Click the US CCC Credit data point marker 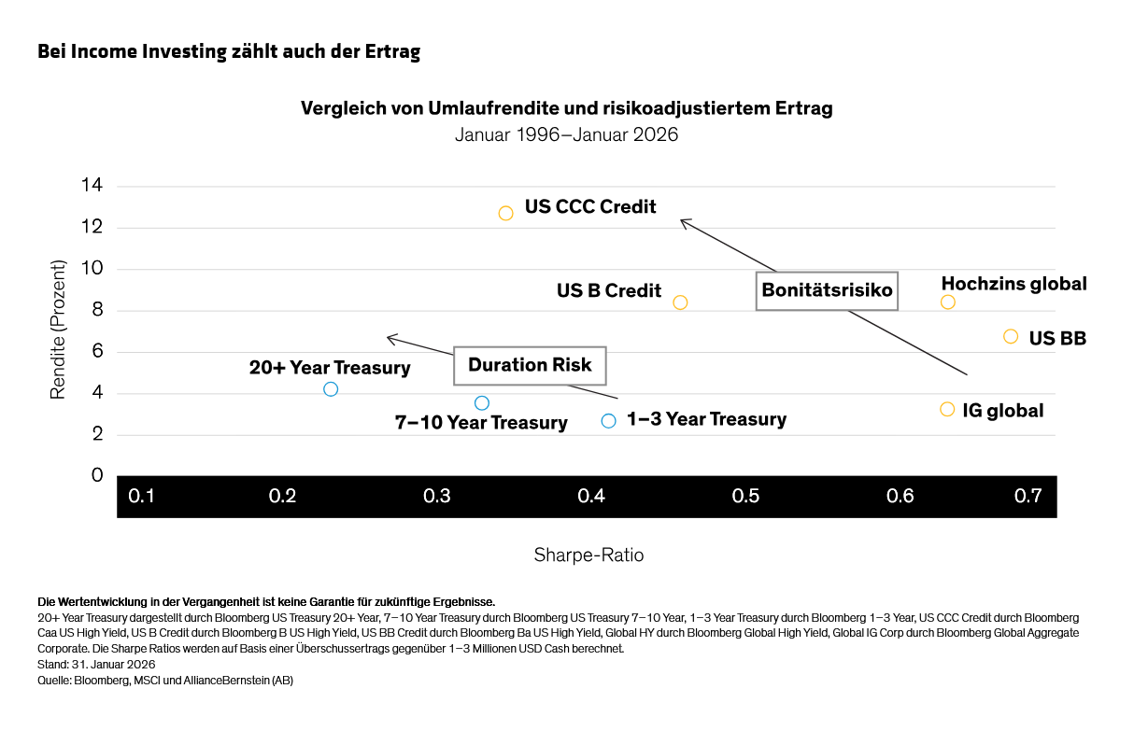505,213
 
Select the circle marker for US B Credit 680,302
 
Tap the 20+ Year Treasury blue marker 330,388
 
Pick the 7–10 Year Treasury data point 481,403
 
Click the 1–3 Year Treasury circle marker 608,421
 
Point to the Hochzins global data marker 947,302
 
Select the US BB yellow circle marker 1010,336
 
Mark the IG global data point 946,409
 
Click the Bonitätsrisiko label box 827,290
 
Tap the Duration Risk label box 530,365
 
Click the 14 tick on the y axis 92,186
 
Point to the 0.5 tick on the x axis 745,497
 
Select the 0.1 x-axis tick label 141,497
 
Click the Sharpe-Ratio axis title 588,555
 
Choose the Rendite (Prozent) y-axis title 58,330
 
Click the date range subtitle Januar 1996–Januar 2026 566,134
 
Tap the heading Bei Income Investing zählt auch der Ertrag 229,52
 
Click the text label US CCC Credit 590,206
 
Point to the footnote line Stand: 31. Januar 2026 96,664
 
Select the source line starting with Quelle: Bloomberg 165,680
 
